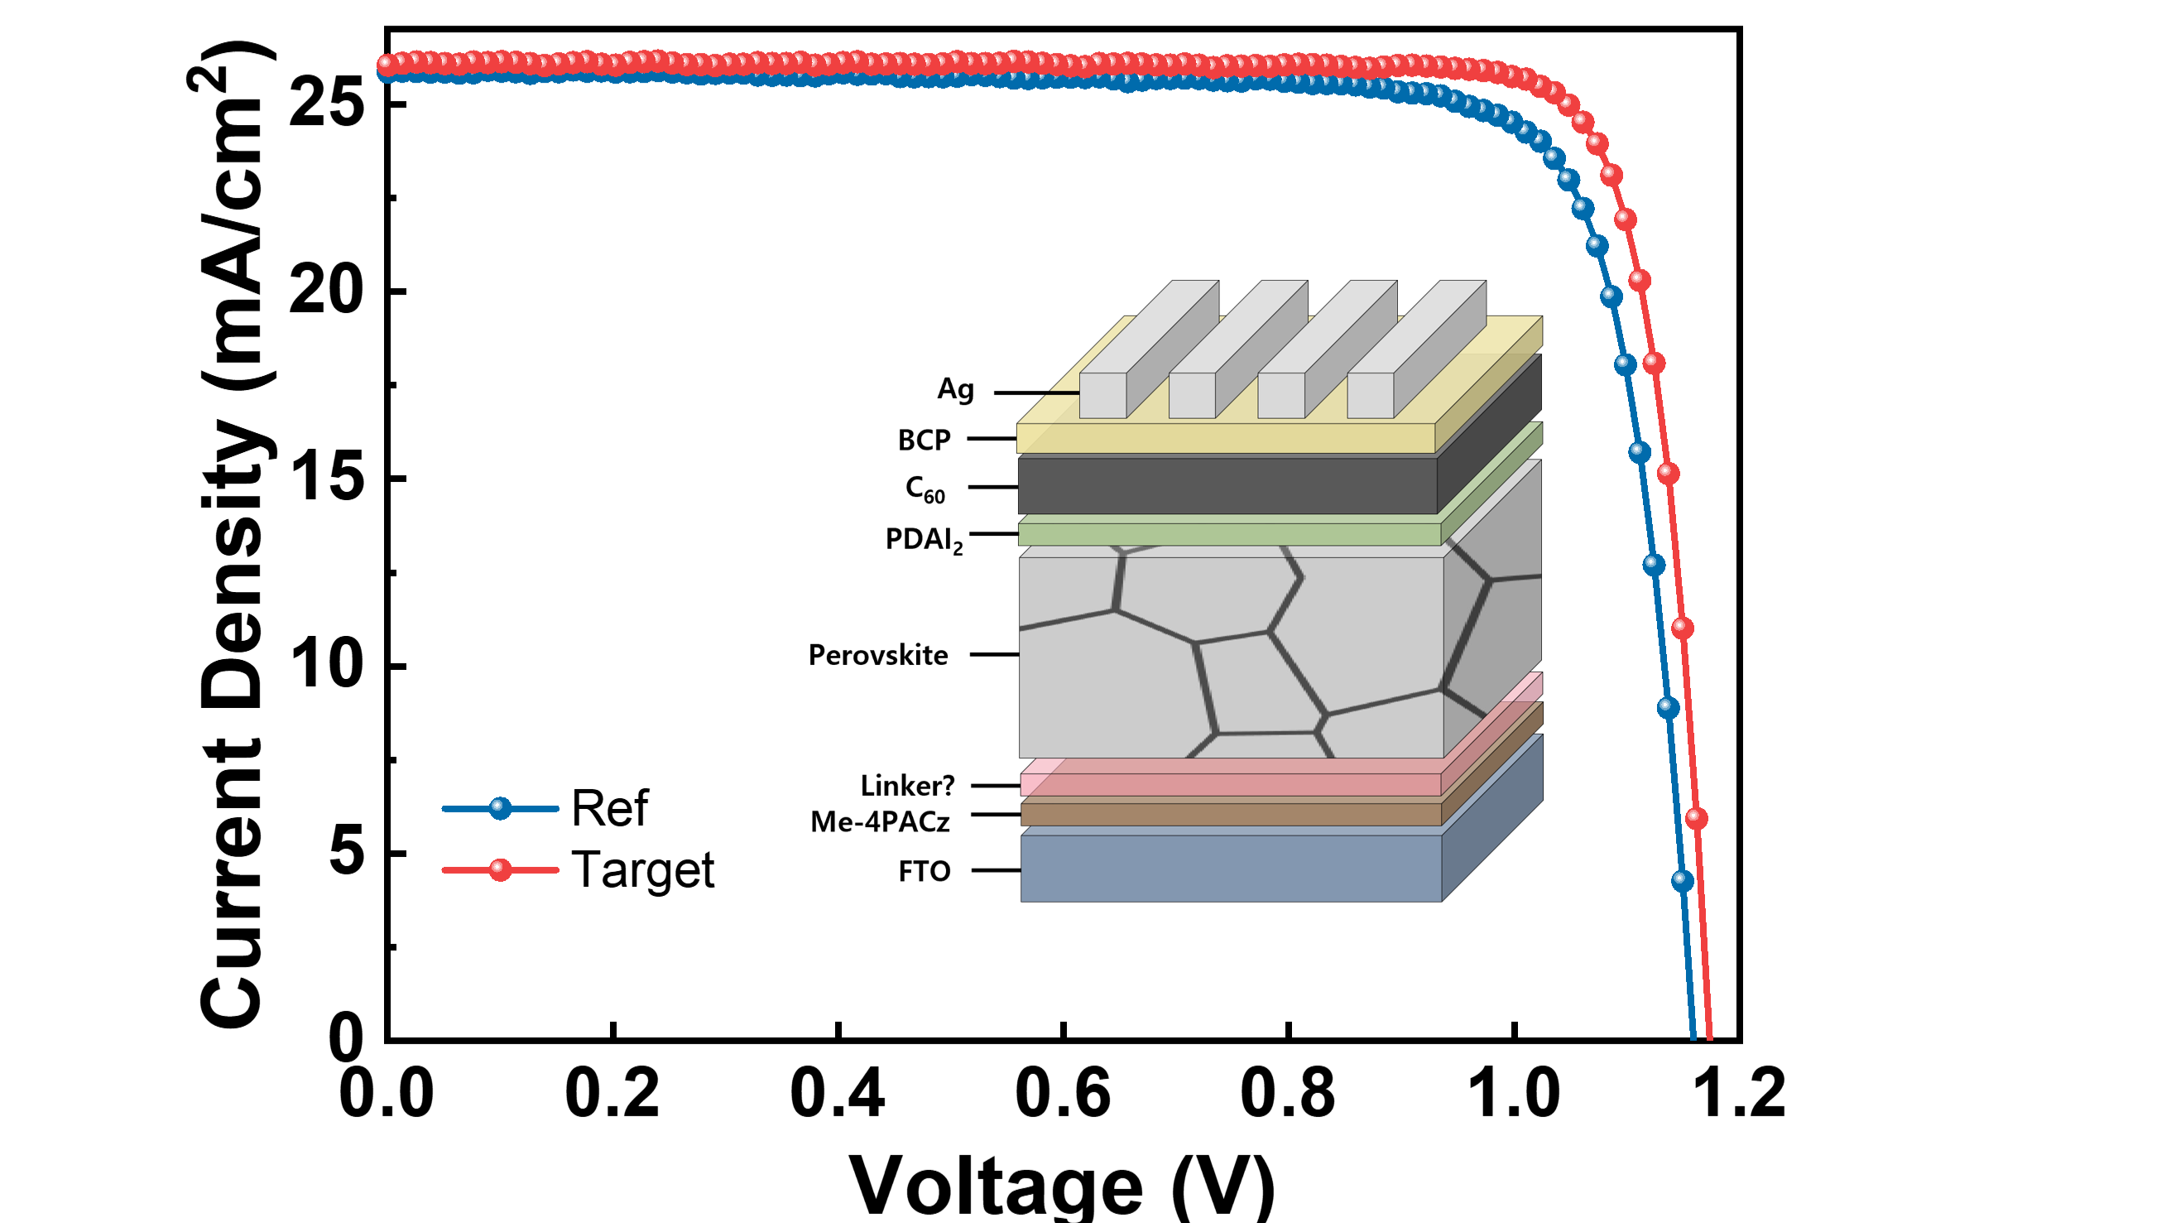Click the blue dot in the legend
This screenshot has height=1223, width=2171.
[x=501, y=808]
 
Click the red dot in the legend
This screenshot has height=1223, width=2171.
[x=501, y=869]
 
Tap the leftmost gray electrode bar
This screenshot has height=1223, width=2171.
[x=1103, y=395]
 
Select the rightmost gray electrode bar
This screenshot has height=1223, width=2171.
[x=1371, y=395]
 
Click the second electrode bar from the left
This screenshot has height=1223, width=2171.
[x=1192, y=395]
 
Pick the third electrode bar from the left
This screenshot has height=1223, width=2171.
[x=1281, y=395]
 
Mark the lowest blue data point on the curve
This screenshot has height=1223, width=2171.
[x=1682, y=880]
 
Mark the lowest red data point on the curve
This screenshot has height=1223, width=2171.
[x=1697, y=817]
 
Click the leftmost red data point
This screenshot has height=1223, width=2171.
[x=386, y=62]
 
